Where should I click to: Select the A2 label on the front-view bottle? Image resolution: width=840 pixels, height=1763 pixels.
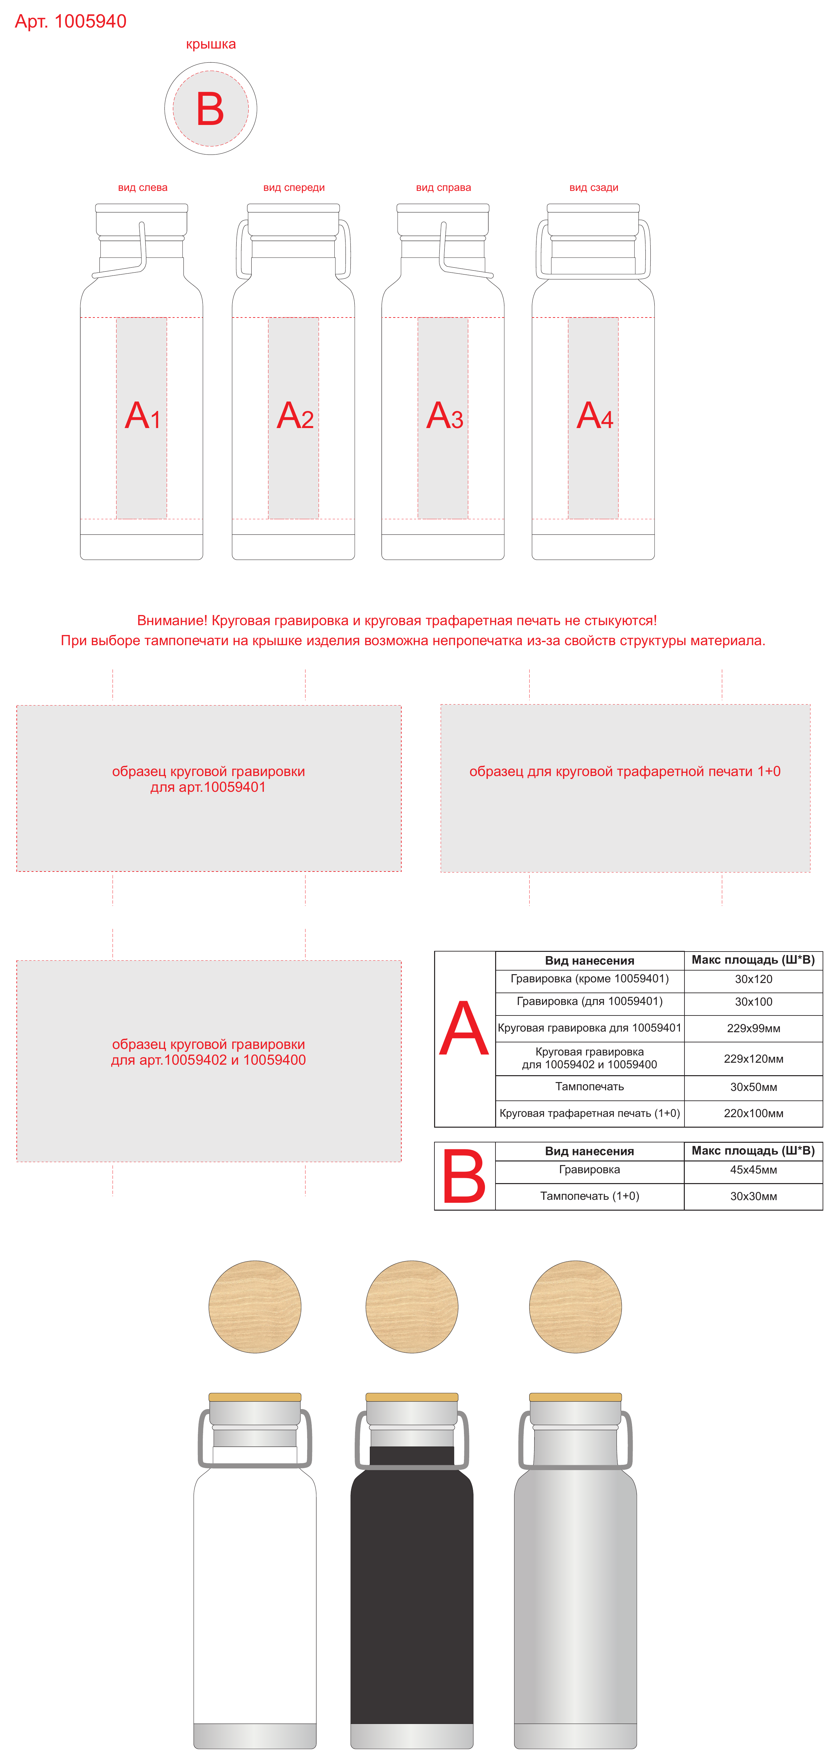(295, 416)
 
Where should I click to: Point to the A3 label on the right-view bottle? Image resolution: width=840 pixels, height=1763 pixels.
(444, 416)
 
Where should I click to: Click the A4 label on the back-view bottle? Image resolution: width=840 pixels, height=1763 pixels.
(595, 416)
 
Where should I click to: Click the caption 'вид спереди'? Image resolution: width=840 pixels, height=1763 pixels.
(294, 188)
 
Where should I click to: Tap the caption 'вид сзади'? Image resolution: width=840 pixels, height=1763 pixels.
(594, 188)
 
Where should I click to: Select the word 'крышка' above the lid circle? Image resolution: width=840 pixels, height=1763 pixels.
(211, 45)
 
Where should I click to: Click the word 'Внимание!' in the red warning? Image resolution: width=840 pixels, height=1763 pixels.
(172, 621)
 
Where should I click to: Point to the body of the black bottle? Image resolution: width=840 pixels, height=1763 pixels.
(412, 1595)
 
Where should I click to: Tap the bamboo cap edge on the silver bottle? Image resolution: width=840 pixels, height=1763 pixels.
(576, 1397)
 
